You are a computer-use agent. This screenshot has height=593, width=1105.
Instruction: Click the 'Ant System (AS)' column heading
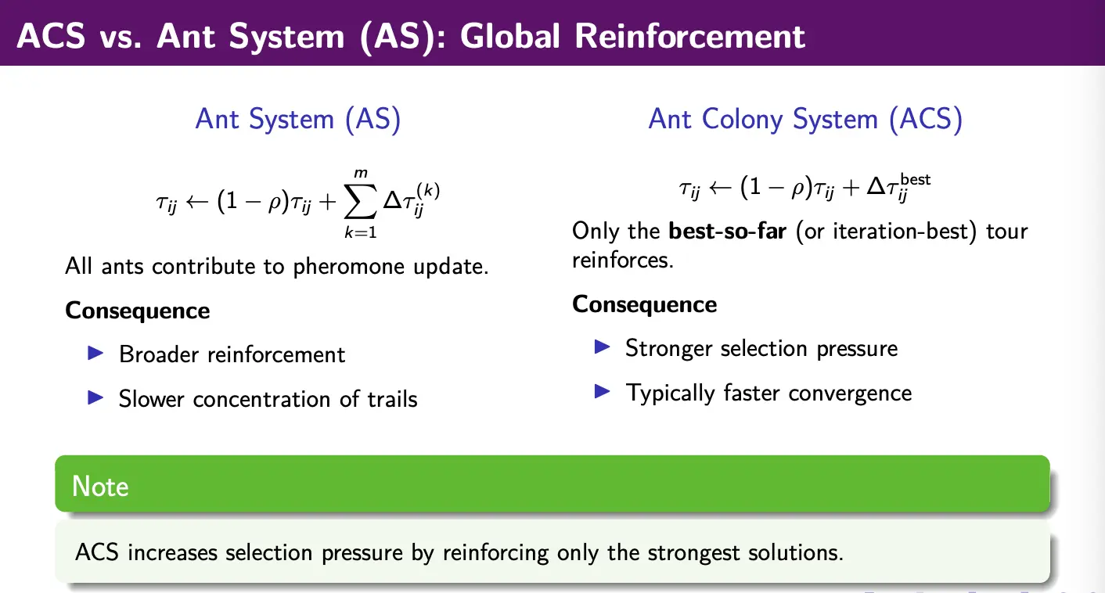tap(298, 120)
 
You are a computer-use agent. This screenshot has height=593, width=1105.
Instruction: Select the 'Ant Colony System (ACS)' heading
tap(805, 120)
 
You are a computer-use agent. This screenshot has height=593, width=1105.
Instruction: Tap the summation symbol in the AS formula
tap(360, 201)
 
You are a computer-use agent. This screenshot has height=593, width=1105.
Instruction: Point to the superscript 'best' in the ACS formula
tap(915, 180)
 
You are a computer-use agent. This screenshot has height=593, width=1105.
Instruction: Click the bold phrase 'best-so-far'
tap(727, 231)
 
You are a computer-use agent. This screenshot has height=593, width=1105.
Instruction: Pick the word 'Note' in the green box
tap(100, 486)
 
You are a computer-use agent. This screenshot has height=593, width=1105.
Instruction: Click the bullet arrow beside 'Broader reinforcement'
tap(95, 354)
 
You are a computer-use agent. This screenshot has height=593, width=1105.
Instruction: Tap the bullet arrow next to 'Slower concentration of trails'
tap(95, 397)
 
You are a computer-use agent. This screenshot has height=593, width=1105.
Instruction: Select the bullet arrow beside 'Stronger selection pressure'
tap(603, 347)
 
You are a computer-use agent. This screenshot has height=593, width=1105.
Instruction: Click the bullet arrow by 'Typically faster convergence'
tap(603, 392)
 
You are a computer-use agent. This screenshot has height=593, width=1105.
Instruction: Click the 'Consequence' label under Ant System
tap(138, 311)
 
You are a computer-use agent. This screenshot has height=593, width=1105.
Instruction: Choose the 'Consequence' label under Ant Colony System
tap(644, 304)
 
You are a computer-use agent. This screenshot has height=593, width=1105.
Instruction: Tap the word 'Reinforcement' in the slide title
tap(689, 36)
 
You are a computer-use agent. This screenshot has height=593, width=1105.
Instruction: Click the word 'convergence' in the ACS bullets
tap(850, 394)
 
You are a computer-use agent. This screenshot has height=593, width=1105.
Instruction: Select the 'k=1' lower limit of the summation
tap(361, 232)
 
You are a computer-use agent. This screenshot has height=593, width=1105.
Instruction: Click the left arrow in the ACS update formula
tap(720, 188)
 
